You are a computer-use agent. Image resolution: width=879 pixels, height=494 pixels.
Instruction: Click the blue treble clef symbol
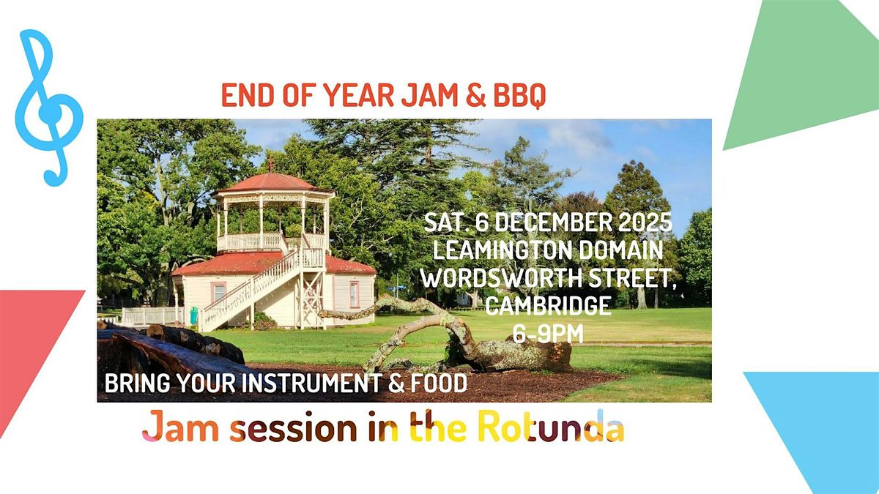point(48,110)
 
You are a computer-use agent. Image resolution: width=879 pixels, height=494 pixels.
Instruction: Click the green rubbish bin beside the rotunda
point(194,315)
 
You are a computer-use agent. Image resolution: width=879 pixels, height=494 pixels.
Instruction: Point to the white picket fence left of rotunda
point(150,315)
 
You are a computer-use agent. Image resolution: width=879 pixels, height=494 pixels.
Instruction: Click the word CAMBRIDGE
point(549,306)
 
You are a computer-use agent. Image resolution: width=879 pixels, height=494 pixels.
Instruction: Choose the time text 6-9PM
point(549,333)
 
